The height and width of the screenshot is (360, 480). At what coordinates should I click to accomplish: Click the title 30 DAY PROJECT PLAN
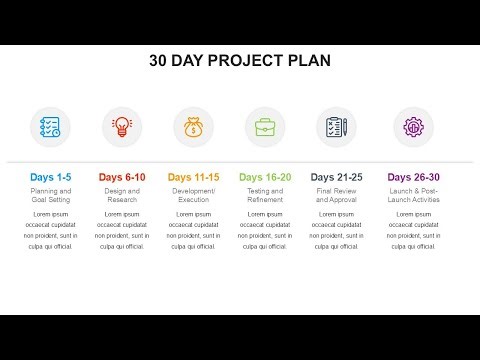point(240,60)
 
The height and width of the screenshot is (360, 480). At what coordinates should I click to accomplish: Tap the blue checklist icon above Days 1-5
point(51,127)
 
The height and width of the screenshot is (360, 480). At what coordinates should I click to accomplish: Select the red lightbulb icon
point(122,127)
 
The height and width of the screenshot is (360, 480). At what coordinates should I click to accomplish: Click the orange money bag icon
point(193,127)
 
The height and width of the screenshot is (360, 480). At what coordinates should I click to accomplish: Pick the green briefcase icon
point(265,127)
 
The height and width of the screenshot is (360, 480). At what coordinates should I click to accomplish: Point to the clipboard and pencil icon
point(336,127)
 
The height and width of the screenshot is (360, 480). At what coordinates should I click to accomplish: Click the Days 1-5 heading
point(51,177)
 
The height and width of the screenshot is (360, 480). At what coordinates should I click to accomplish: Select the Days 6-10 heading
point(122,177)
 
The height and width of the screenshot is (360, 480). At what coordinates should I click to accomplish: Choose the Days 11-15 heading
point(193,177)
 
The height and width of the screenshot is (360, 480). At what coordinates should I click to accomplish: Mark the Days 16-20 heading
point(265,177)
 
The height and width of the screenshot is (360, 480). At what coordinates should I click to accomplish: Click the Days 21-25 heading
point(336,177)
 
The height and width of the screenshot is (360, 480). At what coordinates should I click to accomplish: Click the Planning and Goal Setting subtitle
point(51,195)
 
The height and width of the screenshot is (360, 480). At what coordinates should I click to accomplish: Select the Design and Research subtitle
point(122,195)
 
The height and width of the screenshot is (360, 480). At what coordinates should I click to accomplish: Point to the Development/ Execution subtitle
point(193,195)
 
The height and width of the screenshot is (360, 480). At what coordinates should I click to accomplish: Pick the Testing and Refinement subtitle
point(265,195)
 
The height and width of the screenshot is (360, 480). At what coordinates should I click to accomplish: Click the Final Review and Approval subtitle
point(336,195)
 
